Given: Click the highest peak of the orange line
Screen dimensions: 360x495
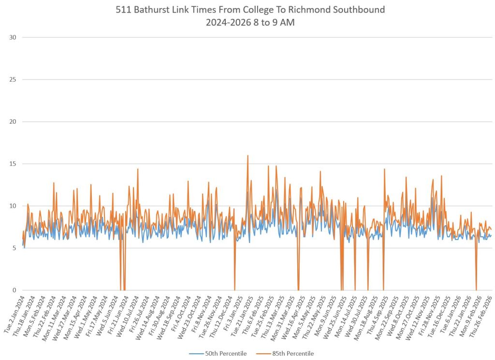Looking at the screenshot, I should pos(247,156).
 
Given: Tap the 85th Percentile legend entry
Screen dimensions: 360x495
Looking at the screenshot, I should pos(293,353).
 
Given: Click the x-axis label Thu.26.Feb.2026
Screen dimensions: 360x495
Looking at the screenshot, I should pos(483,312).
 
